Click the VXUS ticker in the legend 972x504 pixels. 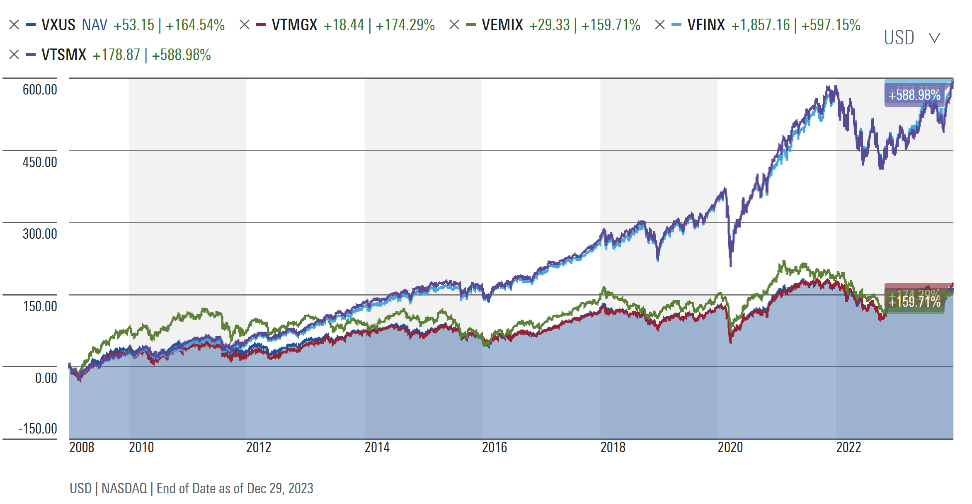[58, 25]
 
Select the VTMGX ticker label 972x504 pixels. [294, 25]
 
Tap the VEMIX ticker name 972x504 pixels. [502, 25]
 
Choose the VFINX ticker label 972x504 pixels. [706, 25]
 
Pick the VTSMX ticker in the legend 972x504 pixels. [64, 55]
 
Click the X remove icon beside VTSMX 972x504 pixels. [14, 55]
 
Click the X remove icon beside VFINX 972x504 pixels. [659, 25]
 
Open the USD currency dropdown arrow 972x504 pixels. [934, 38]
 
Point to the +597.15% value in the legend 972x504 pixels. [831, 25]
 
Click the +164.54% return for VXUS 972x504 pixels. [195, 25]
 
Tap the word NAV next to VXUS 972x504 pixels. [95, 25]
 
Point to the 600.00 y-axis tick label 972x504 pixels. [40, 90]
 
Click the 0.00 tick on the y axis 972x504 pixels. [46, 378]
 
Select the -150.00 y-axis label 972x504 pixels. [38, 429]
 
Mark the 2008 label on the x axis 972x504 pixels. [82, 447]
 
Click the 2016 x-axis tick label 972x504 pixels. [494, 447]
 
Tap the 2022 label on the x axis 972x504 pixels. [848, 447]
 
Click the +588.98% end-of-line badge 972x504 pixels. [914, 95]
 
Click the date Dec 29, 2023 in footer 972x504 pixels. [280, 488]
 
